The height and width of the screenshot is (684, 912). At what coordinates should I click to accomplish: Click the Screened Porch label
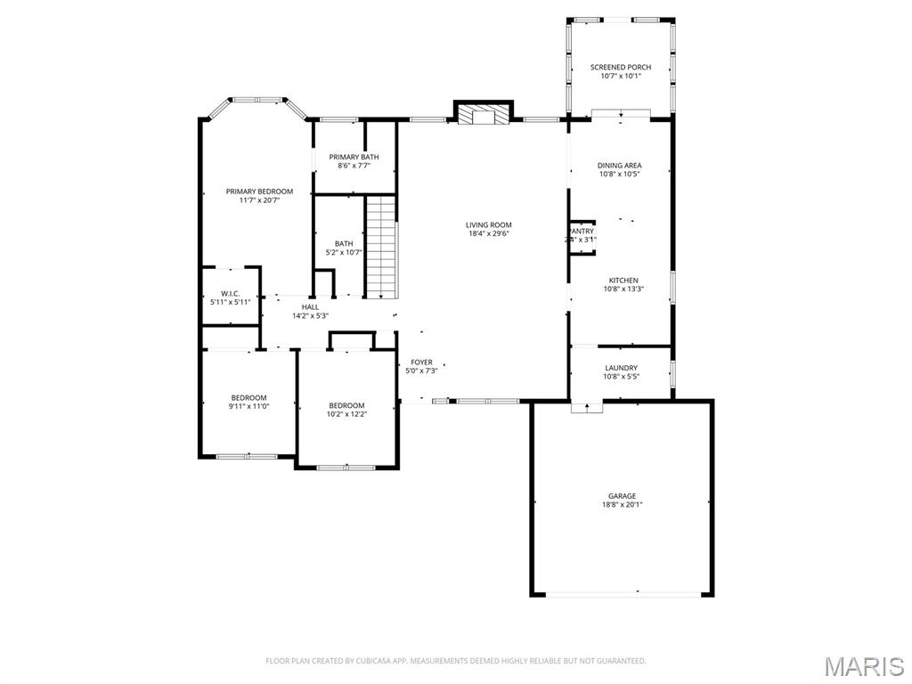(621, 67)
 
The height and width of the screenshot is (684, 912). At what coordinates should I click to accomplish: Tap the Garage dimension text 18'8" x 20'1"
(622, 505)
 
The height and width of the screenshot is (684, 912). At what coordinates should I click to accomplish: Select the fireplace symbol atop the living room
(484, 115)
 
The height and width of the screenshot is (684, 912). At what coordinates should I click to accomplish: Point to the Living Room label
(489, 225)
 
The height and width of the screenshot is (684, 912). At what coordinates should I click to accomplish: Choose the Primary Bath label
(354, 157)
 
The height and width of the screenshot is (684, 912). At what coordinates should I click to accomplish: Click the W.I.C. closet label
(230, 294)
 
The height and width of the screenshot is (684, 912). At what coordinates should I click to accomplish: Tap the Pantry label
(582, 232)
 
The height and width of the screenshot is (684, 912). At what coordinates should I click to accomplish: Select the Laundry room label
(621, 368)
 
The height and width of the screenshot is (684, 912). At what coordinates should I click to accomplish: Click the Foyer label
(421, 362)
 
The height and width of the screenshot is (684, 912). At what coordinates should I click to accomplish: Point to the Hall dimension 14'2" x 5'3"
(310, 316)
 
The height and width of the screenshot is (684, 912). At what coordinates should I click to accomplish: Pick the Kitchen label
(621, 281)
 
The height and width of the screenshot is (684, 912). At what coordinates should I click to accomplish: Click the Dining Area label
(620, 166)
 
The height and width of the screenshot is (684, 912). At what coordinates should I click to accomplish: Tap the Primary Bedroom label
(259, 191)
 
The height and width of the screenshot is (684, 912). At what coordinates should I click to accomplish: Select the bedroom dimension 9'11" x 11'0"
(248, 407)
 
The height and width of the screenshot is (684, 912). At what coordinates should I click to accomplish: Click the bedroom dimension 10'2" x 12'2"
(346, 414)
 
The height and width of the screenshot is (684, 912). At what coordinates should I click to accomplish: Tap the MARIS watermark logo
(863, 666)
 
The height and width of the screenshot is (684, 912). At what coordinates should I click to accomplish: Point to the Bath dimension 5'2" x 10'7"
(344, 253)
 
